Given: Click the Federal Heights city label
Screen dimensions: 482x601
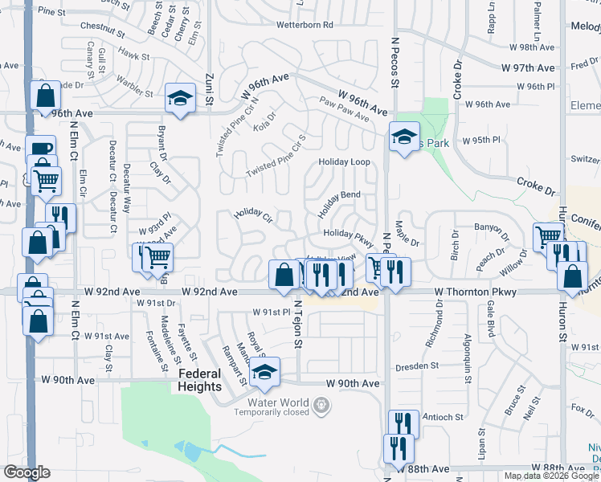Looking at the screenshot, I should [x=200, y=380].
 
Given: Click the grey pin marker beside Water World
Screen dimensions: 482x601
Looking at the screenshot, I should [x=321, y=405].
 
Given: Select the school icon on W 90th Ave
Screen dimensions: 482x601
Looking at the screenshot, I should [x=264, y=372].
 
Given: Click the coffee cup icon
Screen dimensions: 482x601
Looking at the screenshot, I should [x=40, y=149].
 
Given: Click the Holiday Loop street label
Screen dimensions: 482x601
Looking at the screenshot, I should [x=344, y=162].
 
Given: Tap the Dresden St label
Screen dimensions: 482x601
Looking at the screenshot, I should [x=416, y=365].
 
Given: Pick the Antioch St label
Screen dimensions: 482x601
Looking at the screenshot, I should [x=443, y=417].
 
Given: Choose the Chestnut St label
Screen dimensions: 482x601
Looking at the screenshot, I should [x=103, y=30].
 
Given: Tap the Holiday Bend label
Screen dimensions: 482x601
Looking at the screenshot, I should [x=338, y=206].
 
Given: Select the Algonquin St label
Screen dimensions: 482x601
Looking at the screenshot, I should [x=466, y=352].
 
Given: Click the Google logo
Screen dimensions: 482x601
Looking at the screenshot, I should [x=27, y=472].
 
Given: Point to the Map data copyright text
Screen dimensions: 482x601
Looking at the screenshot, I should [x=552, y=476].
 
